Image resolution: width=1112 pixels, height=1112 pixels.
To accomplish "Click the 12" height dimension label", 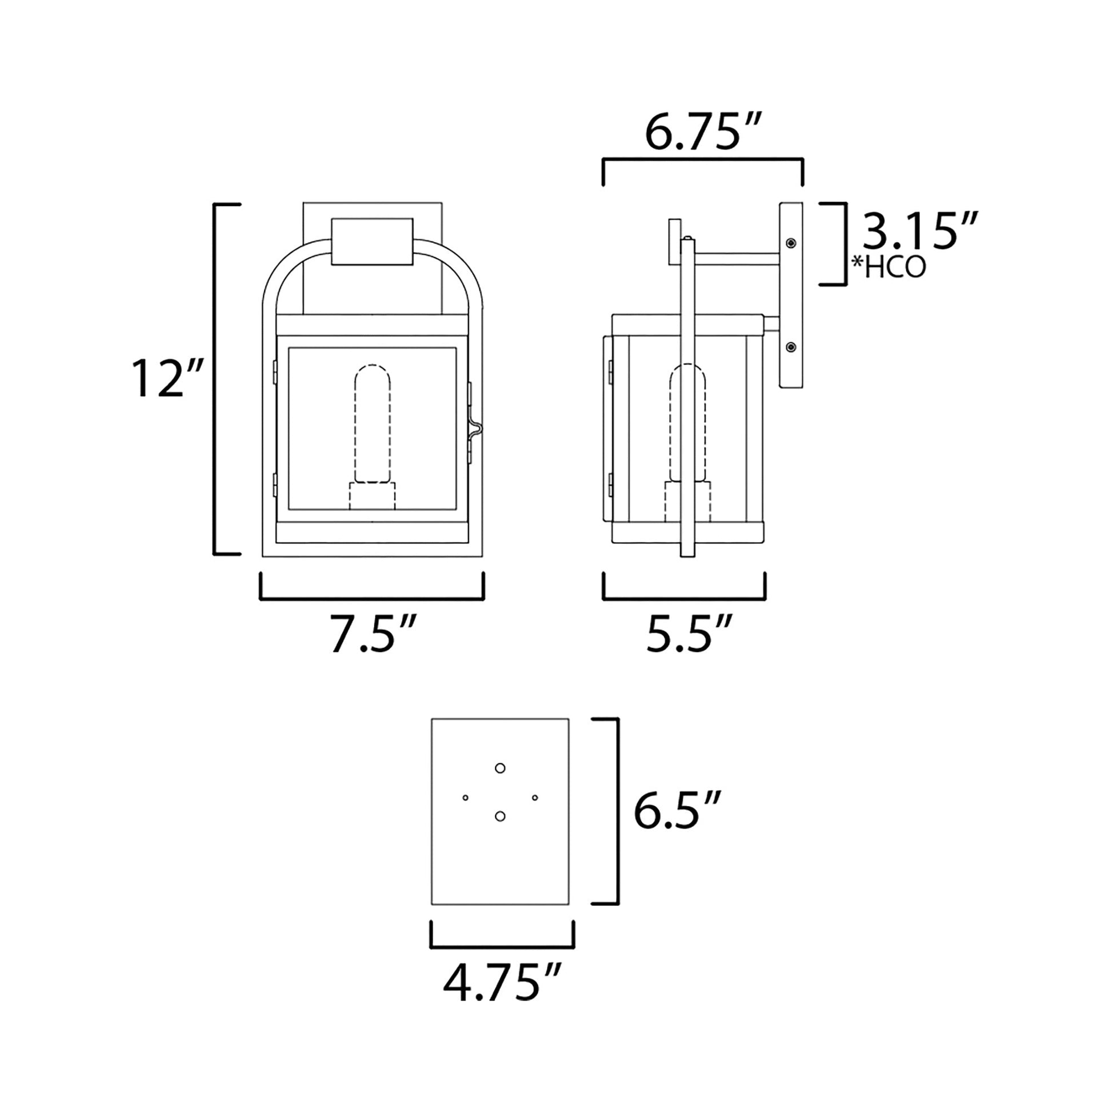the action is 166,378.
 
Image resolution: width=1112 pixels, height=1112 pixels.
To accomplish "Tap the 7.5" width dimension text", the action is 373,635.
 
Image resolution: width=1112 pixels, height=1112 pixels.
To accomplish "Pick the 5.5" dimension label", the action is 690,634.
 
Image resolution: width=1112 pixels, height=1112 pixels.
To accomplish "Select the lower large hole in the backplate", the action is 500,815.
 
